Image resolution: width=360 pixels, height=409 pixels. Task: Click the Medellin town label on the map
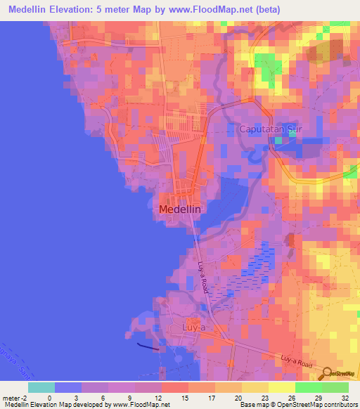point(180,209)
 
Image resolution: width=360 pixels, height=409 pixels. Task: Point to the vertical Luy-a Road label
point(203,277)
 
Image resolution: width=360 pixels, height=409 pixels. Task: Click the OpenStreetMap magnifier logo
point(328,374)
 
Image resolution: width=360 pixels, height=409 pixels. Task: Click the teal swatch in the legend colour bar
point(41,387)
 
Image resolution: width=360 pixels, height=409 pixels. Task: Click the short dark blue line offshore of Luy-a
point(147,344)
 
